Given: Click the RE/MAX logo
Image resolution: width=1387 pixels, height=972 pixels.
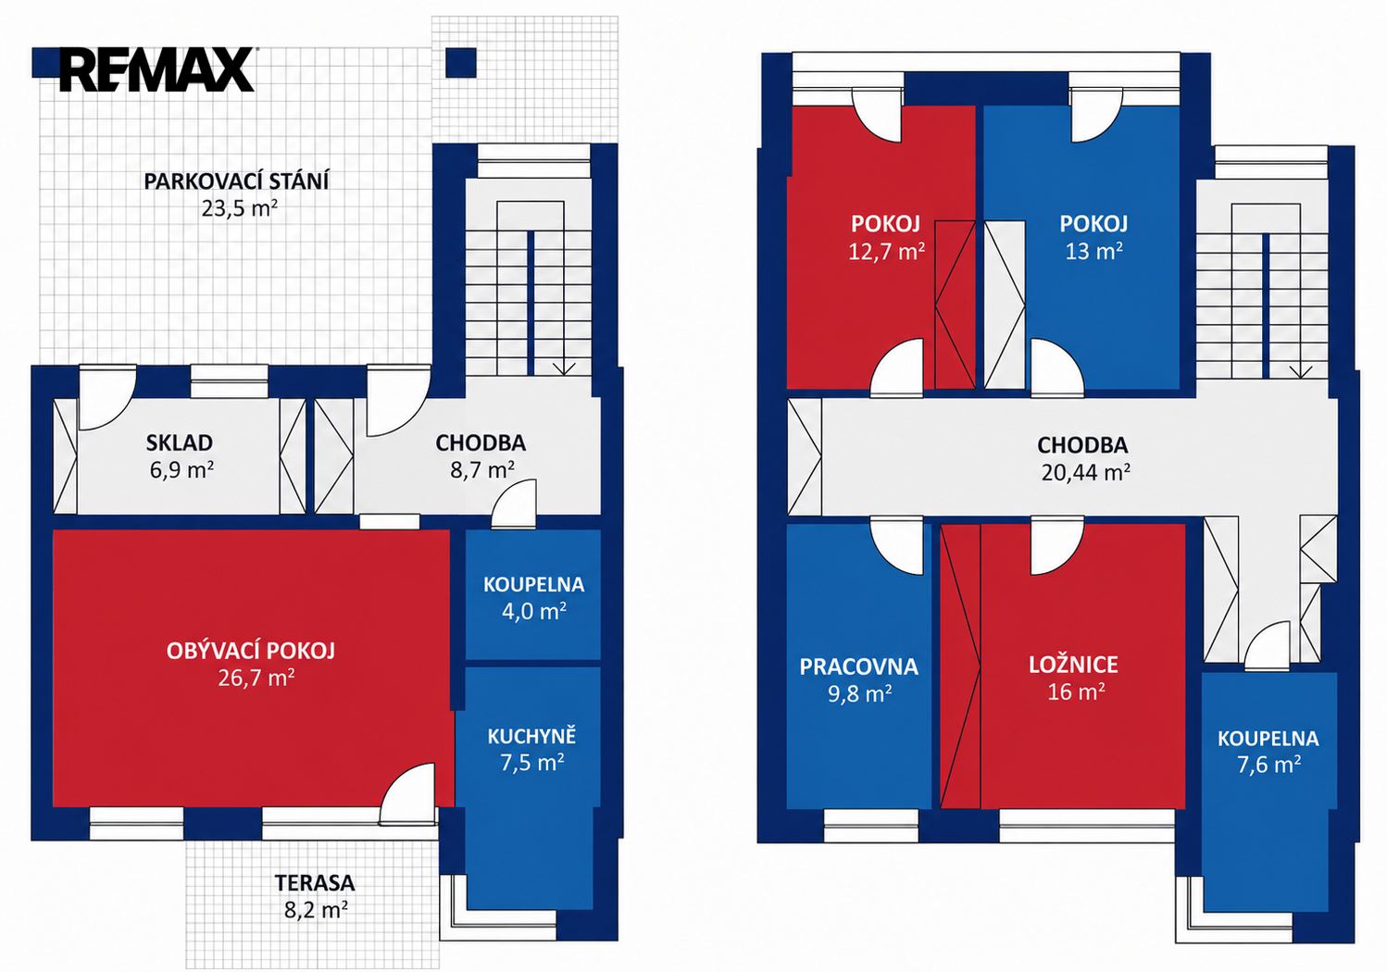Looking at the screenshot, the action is [156, 69].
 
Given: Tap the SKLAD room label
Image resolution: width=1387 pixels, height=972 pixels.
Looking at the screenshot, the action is [180, 442].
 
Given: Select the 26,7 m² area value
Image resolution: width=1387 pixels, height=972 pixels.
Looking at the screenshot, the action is [256, 678].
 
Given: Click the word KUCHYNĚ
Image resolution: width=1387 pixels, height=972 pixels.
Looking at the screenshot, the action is [531, 736].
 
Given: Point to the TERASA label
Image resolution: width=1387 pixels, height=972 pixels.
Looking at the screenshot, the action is [315, 882].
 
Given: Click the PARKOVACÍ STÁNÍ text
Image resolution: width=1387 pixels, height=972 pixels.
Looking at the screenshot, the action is [236, 181].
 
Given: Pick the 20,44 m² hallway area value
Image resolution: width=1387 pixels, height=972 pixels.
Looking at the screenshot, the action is [1085, 472].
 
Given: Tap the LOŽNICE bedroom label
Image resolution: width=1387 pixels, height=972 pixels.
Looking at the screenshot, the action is [1074, 665].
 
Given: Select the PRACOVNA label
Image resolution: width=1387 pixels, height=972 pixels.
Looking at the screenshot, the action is [859, 667].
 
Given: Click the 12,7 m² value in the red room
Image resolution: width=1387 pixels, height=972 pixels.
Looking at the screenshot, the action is [886, 252].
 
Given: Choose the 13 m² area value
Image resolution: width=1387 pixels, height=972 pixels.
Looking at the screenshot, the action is [1093, 251].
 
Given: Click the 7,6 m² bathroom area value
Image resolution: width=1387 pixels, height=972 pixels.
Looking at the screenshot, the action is [1268, 765].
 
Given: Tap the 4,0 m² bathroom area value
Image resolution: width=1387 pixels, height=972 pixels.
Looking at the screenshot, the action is [533, 611].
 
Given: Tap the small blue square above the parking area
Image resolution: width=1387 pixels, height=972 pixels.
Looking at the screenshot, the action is [461, 63].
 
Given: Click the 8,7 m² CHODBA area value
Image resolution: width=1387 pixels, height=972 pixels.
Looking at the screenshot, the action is [481, 470].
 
